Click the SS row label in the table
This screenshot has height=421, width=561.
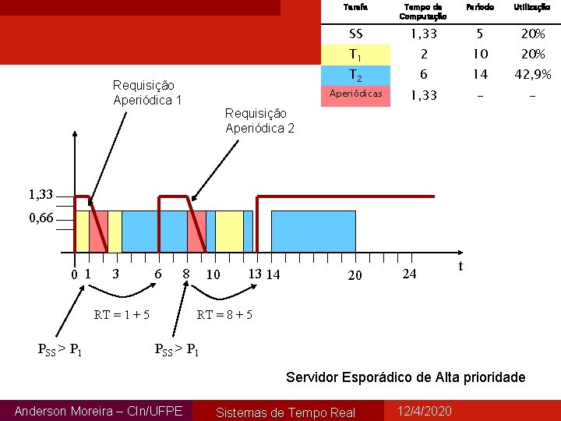click(x=356, y=34)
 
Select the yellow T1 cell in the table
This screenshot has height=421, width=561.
click(x=356, y=55)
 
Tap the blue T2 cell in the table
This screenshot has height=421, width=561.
click(x=356, y=75)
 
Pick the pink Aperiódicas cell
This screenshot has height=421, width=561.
click(x=356, y=94)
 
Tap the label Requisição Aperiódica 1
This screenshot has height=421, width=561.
click(x=147, y=93)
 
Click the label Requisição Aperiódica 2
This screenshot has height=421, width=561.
click(x=259, y=121)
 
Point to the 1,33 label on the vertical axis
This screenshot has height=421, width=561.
click(x=41, y=195)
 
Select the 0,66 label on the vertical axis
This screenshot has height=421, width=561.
click(x=41, y=218)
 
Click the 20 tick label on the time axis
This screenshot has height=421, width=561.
click(x=355, y=275)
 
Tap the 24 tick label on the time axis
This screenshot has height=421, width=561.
click(x=409, y=274)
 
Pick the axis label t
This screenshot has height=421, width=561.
click(x=460, y=266)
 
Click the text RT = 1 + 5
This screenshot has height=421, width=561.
click(x=122, y=315)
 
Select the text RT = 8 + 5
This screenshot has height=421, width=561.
click(x=225, y=315)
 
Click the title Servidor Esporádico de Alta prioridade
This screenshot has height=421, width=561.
click(x=405, y=377)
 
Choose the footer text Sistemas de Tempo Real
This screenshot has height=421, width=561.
click(x=285, y=412)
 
